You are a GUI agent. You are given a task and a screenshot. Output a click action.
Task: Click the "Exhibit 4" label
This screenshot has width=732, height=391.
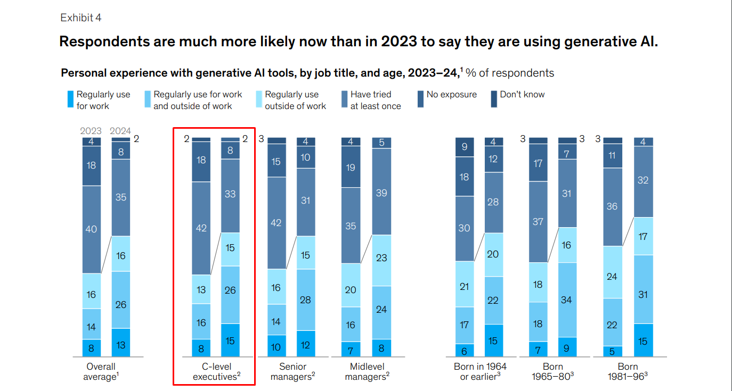80,18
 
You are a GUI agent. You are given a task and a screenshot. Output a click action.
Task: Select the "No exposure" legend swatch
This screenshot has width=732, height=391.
420,99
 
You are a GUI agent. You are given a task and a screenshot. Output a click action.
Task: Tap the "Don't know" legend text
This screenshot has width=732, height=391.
522,95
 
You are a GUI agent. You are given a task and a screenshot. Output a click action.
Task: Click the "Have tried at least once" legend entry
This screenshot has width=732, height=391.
375,100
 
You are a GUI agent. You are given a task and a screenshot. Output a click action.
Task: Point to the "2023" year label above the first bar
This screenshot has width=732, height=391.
91,131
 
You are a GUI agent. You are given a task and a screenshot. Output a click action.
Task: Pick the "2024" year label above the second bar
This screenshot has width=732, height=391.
120,131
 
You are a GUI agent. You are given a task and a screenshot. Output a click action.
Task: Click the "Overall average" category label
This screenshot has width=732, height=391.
101,372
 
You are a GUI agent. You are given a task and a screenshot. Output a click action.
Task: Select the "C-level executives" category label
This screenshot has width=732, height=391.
216,372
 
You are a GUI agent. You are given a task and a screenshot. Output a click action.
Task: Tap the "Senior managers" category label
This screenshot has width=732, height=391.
292,372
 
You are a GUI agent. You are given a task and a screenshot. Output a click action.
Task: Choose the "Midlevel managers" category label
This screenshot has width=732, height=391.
367,372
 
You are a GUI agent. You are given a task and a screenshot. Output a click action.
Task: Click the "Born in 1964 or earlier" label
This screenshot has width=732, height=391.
480,372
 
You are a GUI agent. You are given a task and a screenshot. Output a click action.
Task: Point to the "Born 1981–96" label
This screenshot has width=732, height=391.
628,372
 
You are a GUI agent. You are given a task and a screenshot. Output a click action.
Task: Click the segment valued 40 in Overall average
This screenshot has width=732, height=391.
92,229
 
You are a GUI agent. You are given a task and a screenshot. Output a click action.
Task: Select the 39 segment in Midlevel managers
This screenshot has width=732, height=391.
381,192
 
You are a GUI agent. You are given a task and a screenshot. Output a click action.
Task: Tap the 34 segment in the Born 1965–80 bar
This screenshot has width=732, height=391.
567,300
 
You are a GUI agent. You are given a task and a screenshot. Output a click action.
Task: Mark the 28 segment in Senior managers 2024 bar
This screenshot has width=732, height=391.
306,300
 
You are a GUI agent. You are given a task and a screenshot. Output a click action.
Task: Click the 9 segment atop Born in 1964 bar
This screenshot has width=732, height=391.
465,147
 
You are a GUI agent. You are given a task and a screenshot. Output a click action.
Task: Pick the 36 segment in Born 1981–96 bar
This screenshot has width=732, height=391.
612,206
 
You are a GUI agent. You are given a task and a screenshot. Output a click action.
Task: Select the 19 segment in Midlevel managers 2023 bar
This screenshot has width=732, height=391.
350,168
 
